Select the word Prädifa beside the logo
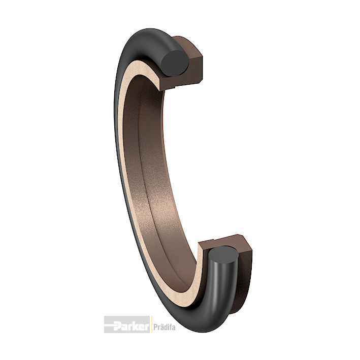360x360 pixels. (165, 327)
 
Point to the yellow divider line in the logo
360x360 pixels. (151, 324)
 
